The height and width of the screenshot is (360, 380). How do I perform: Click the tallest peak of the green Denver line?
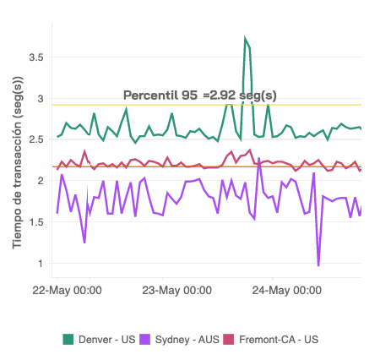point(245,39)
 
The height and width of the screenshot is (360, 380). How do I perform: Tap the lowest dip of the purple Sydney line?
point(318,265)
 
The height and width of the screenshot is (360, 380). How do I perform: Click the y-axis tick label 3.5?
point(35,57)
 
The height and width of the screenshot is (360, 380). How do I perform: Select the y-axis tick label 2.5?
point(35,139)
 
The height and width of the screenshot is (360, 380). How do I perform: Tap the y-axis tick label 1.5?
point(35,221)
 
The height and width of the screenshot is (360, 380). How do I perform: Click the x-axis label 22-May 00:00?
point(67,290)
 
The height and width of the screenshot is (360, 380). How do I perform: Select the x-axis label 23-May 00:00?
point(176,290)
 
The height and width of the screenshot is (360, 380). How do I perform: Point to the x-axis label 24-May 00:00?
point(286,290)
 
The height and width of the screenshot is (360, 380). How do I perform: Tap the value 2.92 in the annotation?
point(222,95)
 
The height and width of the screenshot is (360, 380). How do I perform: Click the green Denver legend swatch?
point(68,339)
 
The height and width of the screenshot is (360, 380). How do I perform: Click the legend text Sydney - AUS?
point(187,339)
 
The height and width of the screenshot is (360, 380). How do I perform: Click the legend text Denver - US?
point(106,339)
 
